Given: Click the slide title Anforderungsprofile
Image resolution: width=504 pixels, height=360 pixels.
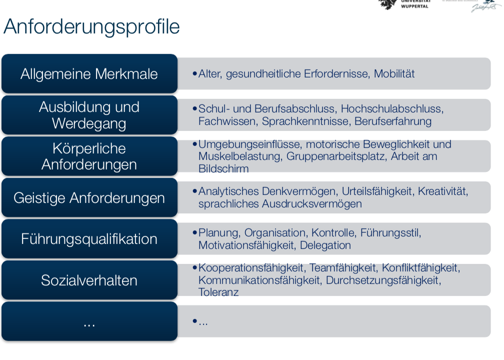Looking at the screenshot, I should pos(91,27).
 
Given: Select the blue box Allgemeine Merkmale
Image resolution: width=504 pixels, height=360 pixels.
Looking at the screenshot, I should pos(89,74).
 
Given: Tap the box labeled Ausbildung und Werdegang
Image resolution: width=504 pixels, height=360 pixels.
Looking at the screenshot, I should pos(89,115).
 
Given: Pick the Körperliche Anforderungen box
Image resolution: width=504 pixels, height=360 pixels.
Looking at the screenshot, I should pos(89,156).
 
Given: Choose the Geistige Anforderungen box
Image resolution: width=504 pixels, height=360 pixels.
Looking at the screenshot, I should pos(89,198).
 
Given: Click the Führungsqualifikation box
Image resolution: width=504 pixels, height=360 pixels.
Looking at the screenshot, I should pos(89,239).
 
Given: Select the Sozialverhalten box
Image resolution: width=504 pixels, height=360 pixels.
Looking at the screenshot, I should pos(89,280).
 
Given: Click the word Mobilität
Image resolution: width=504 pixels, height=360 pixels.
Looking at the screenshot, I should pos(394,74).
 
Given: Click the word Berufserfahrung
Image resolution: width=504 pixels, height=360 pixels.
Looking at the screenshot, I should pos(393,121).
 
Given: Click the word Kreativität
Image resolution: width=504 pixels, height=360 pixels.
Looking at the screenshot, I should pos(443,191).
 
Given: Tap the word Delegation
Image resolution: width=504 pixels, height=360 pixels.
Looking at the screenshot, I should pos(325,245).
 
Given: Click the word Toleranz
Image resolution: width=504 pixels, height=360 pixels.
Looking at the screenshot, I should pos(218,292).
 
